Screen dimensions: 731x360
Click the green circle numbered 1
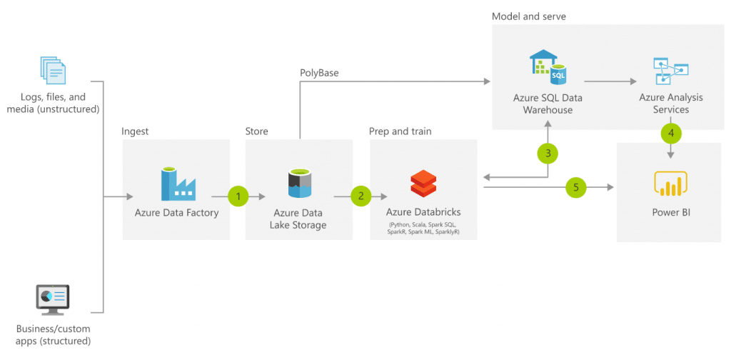[239, 196]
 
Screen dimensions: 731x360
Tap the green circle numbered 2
[361, 196]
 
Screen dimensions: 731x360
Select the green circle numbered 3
[548, 152]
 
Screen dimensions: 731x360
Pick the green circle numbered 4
[671, 133]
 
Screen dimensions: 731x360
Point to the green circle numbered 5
[576, 187]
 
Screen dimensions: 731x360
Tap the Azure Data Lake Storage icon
[299, 184]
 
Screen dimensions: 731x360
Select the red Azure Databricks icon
[423, 184]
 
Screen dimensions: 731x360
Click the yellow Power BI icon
[671, 184]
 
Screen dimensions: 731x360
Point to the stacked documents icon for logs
[53, 71]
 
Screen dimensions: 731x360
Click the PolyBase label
[318, 73]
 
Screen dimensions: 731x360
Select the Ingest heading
[135, 131]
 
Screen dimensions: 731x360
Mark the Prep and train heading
[400, 131]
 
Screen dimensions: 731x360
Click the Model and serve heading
[529, 17]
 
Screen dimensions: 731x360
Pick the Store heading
[256, 131]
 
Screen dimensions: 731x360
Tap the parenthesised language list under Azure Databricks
[423, 229]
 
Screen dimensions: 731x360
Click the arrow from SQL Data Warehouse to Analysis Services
[610, 81]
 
